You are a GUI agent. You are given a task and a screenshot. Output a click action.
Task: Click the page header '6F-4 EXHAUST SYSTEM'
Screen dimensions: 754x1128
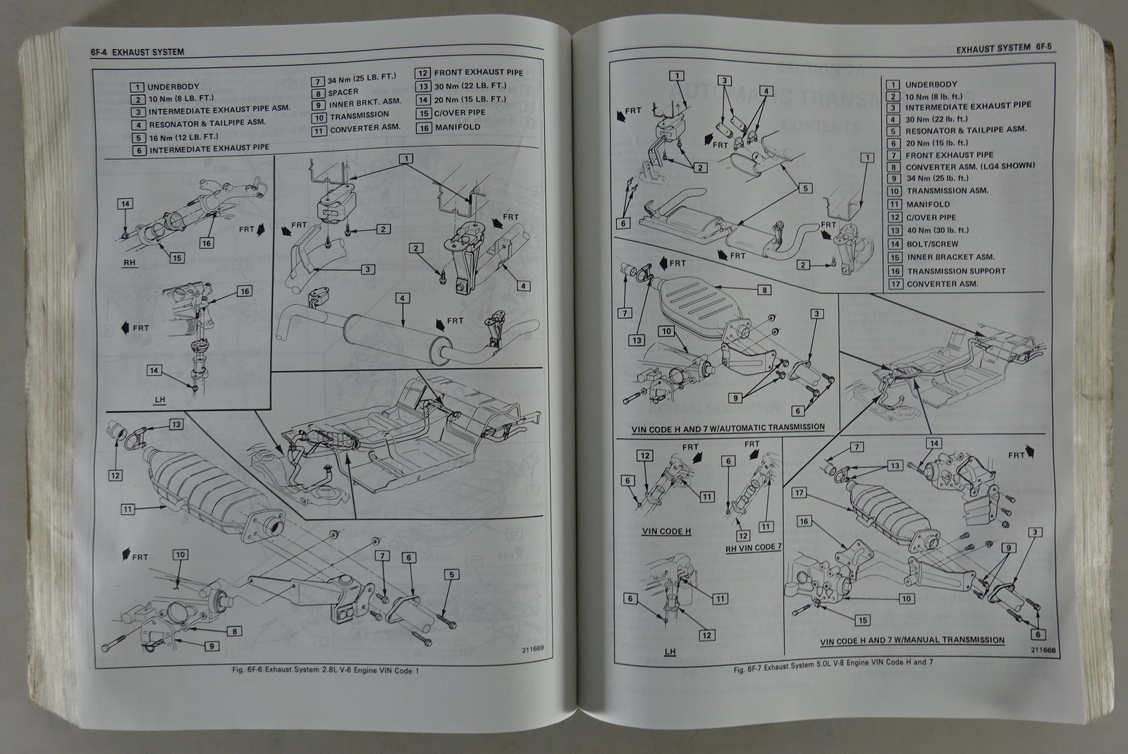tap(137, 51)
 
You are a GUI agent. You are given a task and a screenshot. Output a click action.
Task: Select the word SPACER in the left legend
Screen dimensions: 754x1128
tap(343, 92)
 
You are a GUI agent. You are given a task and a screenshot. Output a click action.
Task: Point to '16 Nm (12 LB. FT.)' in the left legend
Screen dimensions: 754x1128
tap(183, 137)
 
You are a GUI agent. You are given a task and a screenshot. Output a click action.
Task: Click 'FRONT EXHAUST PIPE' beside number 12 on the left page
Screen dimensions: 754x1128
tap(478, 73)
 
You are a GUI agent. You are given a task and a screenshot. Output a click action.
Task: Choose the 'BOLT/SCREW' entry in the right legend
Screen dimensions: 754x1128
tap(933, 244)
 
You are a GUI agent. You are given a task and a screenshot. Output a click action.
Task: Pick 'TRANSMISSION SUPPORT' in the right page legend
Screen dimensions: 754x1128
tap(956, 271)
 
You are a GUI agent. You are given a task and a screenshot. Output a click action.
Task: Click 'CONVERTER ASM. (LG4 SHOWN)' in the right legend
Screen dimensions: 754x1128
tap(970, 166)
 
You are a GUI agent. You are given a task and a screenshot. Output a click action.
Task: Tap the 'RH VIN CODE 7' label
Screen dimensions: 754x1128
tap(753, 548)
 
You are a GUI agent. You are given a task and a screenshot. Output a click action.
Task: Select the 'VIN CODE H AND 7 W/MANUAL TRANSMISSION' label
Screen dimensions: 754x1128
tap(912, 641)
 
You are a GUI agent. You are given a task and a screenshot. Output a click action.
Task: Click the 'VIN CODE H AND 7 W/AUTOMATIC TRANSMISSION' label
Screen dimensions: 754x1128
tap(728, 427)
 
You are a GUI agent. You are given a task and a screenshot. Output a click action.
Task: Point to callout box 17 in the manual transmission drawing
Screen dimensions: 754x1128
tap(799, 493)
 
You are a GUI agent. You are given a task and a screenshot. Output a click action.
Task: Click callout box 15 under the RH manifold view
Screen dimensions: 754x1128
tap(177, 258)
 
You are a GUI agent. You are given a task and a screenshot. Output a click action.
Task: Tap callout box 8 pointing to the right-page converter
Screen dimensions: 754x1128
tap(764, 290)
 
